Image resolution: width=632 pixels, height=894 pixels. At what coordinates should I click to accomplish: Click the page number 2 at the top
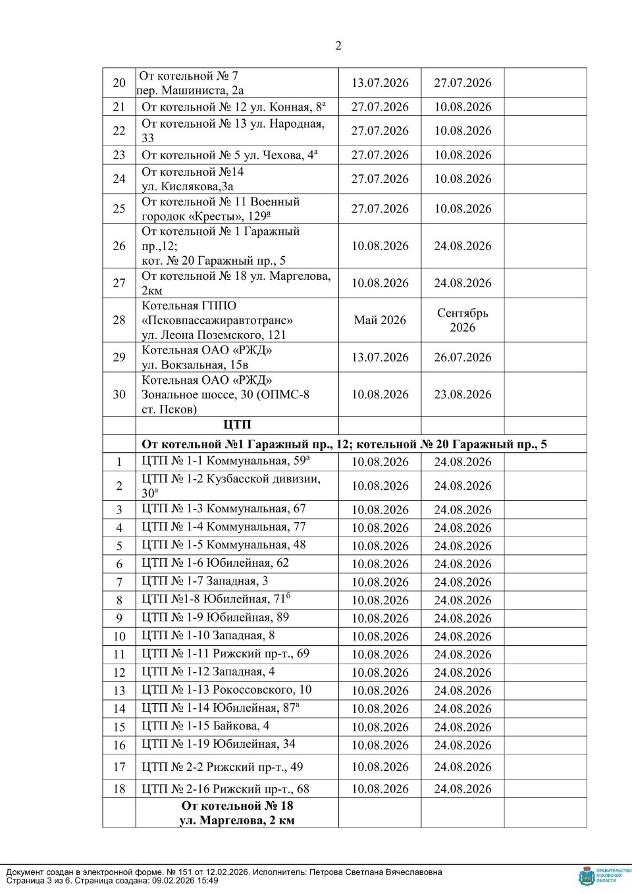click(x=338, y=45)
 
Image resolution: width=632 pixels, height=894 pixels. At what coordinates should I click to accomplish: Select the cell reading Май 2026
click(x=380, y=321)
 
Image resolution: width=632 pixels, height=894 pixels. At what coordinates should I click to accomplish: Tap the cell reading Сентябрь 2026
click(x=462, y=321)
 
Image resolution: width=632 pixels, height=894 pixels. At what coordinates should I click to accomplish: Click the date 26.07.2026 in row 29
click(x=462, y=357)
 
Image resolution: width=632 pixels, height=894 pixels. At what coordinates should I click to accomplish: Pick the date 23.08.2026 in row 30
click(x=462, y=394)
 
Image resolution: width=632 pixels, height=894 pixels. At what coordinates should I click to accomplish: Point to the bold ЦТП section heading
click(x=237, y=425)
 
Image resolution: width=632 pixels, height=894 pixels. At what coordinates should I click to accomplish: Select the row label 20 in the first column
click(x=119, y=83)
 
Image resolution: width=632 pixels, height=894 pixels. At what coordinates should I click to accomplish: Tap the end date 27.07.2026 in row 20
click(x=462, y=83)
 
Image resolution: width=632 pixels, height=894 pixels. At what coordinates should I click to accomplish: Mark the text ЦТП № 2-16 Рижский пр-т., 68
click(x=225, y=789)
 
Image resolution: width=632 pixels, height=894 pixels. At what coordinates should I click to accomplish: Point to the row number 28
click(x=119, y=321)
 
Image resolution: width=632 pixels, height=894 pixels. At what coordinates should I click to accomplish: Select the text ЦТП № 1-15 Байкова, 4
click(x=205, y=726)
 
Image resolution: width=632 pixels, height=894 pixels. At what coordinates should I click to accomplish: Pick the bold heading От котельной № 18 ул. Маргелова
click(x=237, y=813)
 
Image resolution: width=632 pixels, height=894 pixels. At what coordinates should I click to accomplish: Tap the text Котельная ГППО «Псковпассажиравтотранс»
click(x=217, y=313)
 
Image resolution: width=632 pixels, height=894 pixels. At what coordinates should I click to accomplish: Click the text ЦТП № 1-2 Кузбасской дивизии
click(x=231, y=479)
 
